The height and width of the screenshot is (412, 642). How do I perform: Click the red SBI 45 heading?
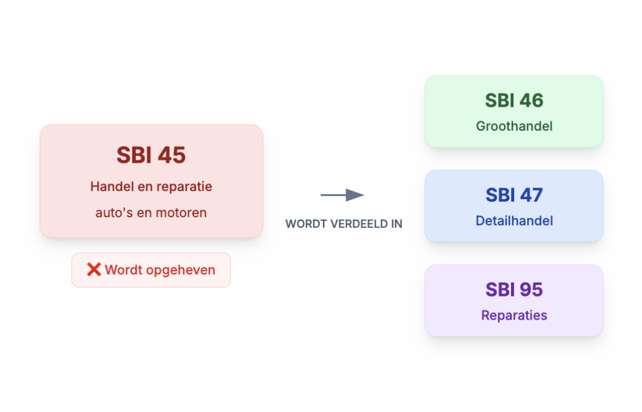[151, 155]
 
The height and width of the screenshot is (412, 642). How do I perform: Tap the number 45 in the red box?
[171, 155]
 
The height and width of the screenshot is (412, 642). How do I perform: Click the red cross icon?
[94, 270]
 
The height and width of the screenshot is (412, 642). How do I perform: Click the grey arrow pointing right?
[342, 195]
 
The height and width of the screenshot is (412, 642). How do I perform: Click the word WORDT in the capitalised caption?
[303, 224]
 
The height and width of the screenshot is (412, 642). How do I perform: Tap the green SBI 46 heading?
[514, 100]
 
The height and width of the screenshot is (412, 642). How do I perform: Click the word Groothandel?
[514, 126]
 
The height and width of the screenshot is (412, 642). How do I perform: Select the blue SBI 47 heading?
[514, 195]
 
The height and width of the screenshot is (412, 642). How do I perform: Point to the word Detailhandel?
[514, 221]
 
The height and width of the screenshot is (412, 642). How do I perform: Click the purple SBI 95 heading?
[514, 290]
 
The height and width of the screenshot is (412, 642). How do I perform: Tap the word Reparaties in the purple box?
[514, 315]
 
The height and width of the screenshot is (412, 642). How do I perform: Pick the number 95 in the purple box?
[531, 290]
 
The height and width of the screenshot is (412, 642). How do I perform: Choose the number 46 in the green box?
[531, 100]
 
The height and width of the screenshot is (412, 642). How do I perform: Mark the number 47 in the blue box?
[531, 195]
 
